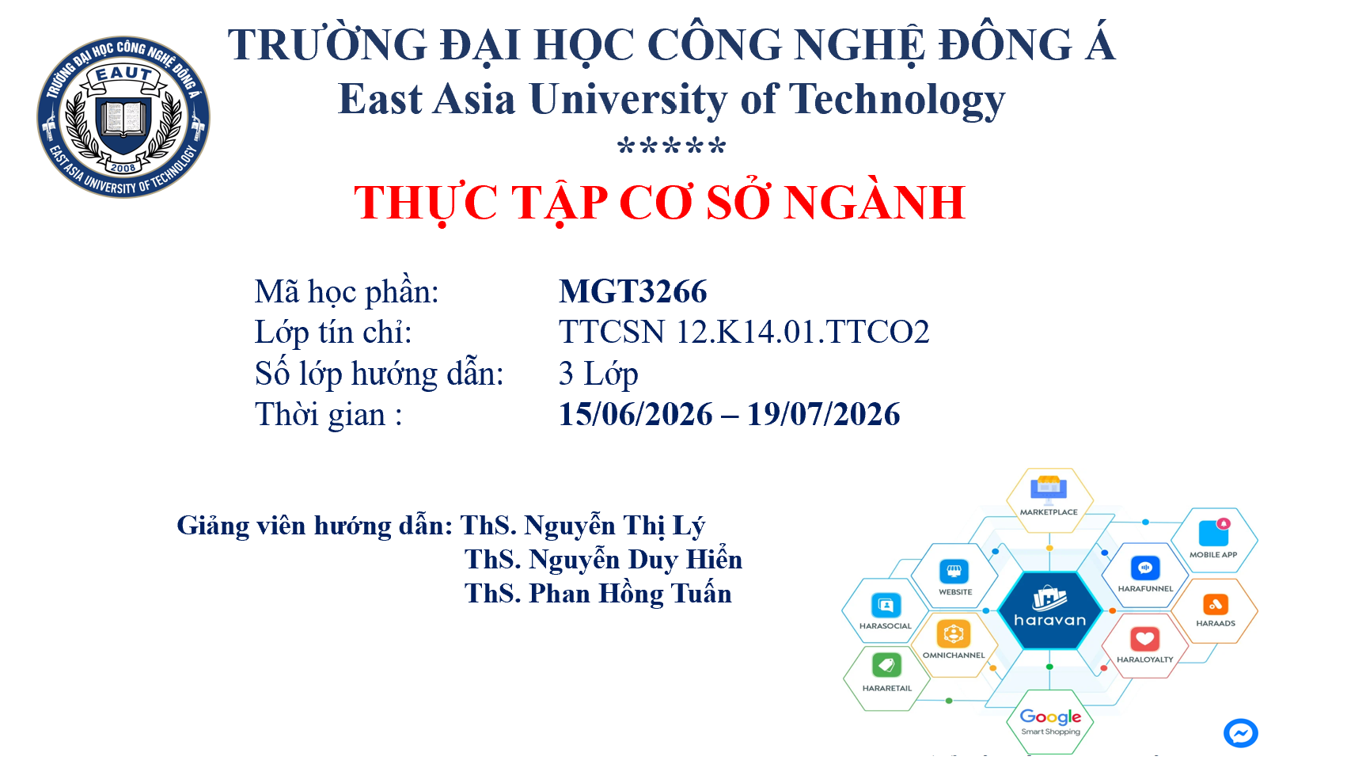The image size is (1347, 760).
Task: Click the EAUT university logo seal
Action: tap(123, 116)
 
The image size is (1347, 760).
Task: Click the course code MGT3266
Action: tap(632, 292)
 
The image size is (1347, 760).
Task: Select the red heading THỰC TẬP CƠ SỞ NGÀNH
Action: tap(660, 203)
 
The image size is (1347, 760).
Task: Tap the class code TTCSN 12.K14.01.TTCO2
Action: tap(744, 332)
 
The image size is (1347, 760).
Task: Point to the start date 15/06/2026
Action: tap(636, 415)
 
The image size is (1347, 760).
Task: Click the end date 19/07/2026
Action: tap(823, 415)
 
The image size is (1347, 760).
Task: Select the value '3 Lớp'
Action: tap(598, 374)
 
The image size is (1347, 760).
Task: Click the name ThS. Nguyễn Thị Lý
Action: tap(582, 526)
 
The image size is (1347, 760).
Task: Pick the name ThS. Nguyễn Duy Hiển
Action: tap(603, 560)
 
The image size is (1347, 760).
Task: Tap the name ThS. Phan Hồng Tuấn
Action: tap(598, 594)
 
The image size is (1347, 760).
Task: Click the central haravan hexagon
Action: tap(1049, 610)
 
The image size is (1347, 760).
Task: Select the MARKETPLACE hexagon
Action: tap(1049, 500)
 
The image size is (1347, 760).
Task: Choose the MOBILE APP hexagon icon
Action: tap(1214, 533)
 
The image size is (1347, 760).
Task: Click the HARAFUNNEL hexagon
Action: tap(1145, 575)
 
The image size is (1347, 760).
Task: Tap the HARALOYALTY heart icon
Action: tap(1145, 639)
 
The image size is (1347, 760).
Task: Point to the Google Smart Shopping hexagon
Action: tap(1050, 722)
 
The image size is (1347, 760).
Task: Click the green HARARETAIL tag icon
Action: tap(886, 666)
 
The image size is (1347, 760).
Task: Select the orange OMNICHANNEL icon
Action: tap(953, 633)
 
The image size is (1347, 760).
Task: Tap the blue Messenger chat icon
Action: tap(1241, 734)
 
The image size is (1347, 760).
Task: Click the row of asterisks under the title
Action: tap(672, 146)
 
